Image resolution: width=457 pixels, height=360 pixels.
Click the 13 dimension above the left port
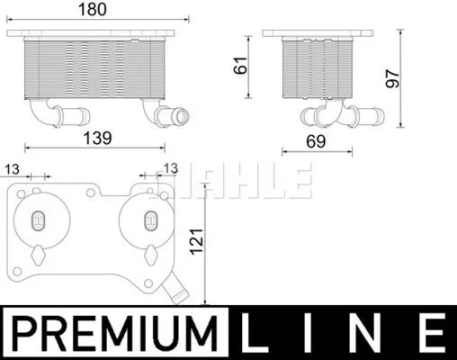point(12,168)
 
